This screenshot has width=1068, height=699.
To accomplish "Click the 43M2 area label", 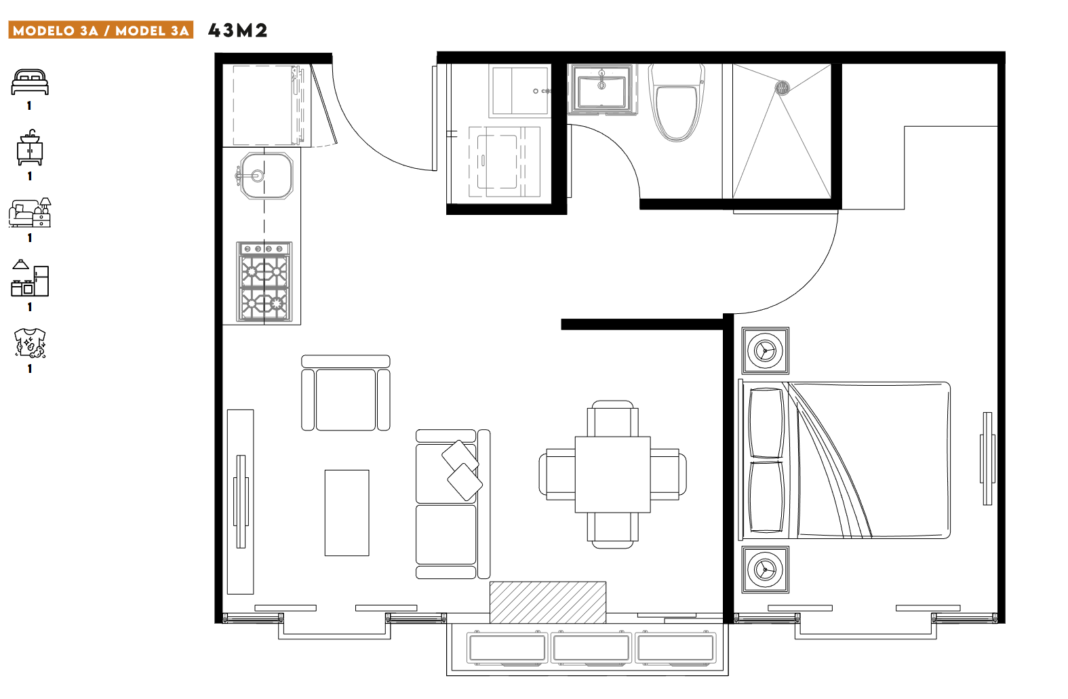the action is [237, 31].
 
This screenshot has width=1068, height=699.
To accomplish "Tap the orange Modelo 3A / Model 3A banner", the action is [100, 30].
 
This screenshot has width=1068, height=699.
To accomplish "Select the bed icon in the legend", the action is [30, 83].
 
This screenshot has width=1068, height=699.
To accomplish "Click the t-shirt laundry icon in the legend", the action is [30, 343].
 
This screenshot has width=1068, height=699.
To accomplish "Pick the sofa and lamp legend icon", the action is [30, 213].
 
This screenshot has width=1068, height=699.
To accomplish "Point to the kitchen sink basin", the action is [266, 176].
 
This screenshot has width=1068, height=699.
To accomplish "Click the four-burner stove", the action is [264, 282].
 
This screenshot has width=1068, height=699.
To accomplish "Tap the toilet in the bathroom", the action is [677, 103].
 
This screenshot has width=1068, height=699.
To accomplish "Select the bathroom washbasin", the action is [602, 89].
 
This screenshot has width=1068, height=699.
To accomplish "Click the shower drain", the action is [782, 87].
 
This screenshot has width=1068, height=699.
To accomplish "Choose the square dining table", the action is [613, 475].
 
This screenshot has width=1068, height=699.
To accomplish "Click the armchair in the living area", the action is [346, 393].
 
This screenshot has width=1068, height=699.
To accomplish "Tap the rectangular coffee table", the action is [347, 513].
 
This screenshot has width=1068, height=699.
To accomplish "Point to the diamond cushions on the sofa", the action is [462, 470].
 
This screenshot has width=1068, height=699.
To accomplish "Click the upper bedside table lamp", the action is [766, 351].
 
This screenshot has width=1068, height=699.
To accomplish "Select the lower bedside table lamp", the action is [766, 570].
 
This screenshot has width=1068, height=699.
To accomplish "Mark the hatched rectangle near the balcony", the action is [548, 602].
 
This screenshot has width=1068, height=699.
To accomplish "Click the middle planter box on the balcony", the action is [591, 647].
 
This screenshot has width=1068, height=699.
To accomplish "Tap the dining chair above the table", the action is [613, 418].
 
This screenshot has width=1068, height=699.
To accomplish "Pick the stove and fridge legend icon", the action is [30, 278].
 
